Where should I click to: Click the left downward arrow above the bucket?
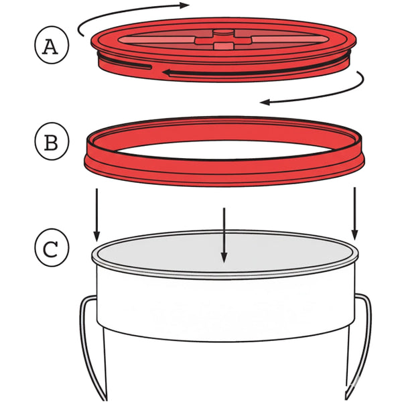tap(96, 214)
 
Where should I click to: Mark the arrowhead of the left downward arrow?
tap(96, 235)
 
